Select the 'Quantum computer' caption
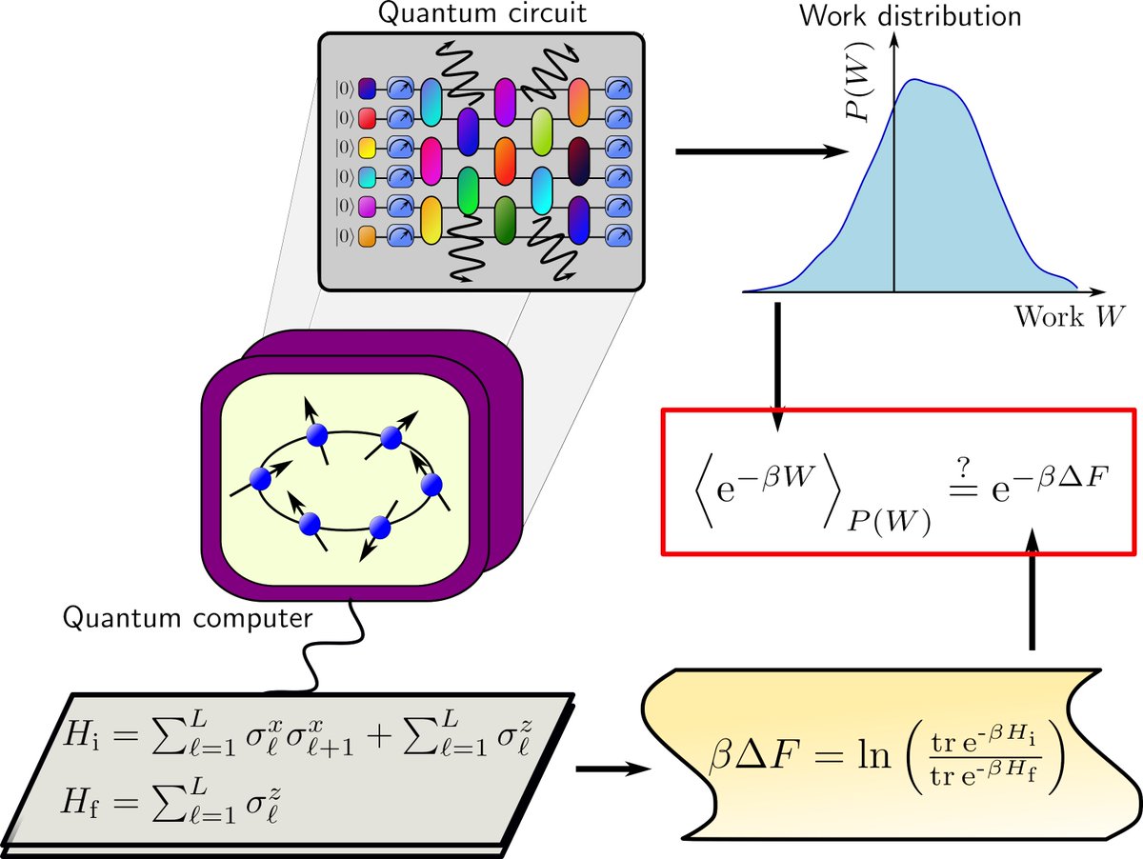tap(188, 619)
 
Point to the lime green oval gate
tap(542, 130)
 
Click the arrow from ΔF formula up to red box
tap(1032, 590)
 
